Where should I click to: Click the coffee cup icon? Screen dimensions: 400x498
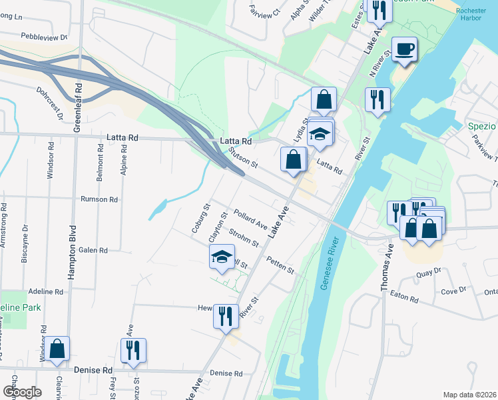click(405, 49)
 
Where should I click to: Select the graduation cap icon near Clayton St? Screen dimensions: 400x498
click(222, 257)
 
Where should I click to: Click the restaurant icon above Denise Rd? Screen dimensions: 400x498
click(134, 350)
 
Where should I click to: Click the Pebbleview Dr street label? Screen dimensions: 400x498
click(44, 37)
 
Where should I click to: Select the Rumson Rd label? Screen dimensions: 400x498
click(99, 199)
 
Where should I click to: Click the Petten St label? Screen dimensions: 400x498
click(280, 265)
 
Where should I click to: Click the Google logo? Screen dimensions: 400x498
click(22, 391)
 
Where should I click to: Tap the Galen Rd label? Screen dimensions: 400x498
click(93, 250)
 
